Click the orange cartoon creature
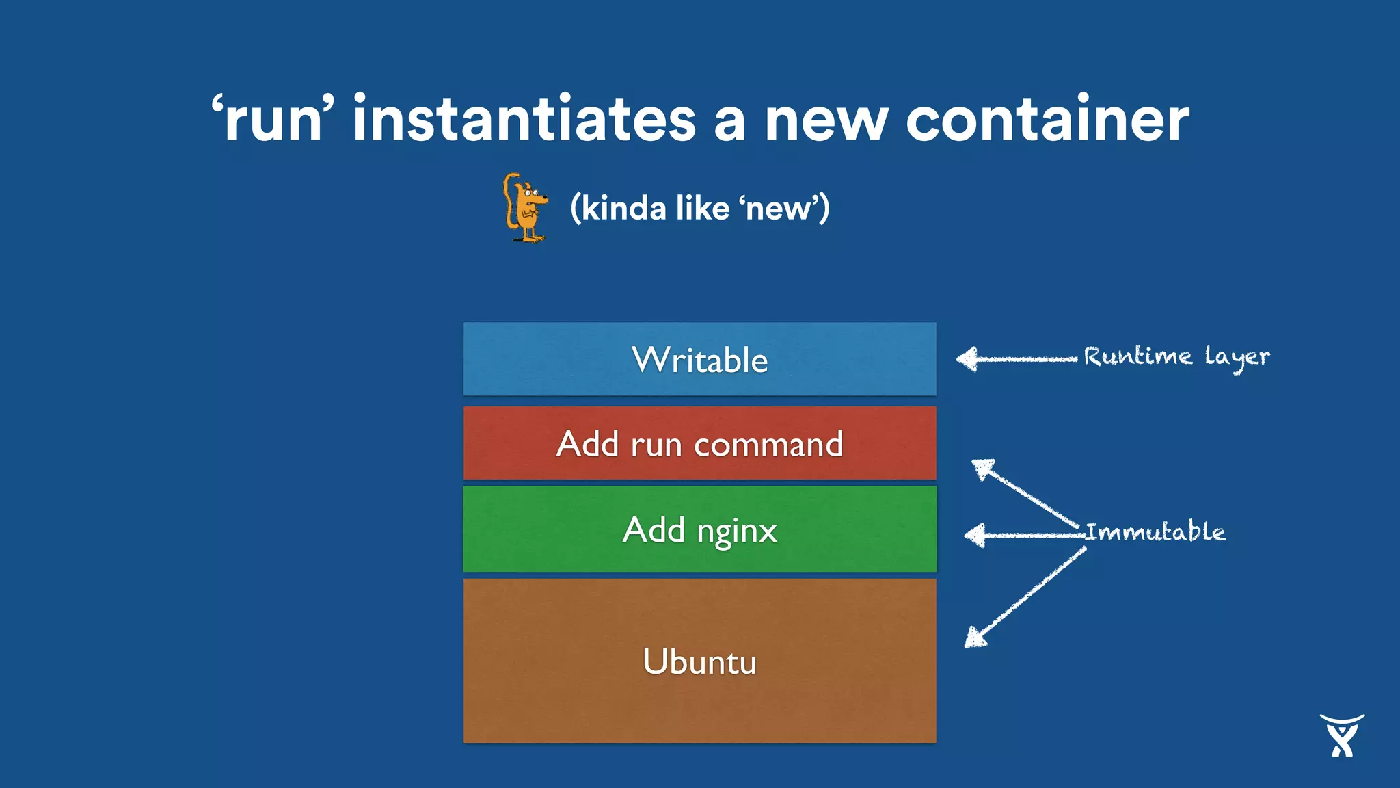(x=525, y=208)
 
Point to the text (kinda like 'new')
(x=700, y=208)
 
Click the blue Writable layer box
(x=699, y=359)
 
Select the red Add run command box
(x=699, y=443)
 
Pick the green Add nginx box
(x=699, y=529)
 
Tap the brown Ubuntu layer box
(x=699, y=661)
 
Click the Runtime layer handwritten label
(x=1176, y=356)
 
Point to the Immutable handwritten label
(x=1155, y=531)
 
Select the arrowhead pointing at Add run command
(x=983, y=469)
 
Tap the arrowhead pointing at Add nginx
(x=975, y=535)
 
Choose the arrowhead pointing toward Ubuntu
(x=975, y=637)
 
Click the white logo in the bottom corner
(x=1342, y=735)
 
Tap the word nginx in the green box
(x=736, y=531)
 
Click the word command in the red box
(x=768, y=445)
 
